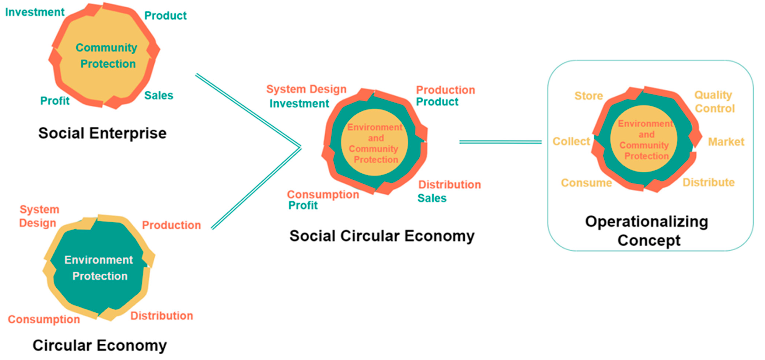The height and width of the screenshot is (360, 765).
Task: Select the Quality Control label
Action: tap(714, 102)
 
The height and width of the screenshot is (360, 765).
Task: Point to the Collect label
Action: tap(571, 141)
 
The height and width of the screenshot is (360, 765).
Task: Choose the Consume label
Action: tap(586, 183)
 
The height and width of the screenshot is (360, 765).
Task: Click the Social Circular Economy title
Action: tap(382, 236)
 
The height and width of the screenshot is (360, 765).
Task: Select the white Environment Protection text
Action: tap(99, 268)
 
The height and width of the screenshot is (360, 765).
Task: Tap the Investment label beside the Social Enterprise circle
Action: tap(35, 12)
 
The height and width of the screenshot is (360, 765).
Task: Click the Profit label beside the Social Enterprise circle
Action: tap(55, 101)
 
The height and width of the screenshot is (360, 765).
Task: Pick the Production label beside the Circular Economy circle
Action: tap(171, 225)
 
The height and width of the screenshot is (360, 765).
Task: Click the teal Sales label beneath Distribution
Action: tap(432, 198)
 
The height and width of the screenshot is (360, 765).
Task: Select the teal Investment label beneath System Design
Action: tap(299, 104)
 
